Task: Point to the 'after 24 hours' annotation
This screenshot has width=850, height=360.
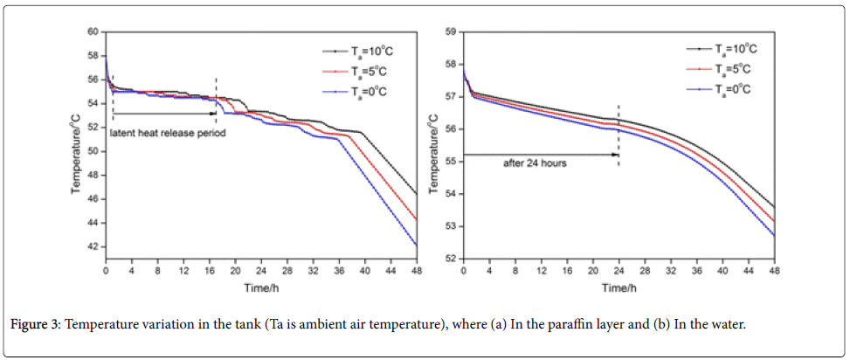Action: tap(535, 163)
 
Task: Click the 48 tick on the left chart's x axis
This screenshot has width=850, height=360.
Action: tap(417, 271)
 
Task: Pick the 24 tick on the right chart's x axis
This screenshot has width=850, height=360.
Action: tap(618, 271)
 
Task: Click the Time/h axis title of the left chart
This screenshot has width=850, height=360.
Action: tap(261, 287)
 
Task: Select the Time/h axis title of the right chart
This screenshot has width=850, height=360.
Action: tap(618, 287)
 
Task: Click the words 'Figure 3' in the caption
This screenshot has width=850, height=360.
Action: tap(34, 325)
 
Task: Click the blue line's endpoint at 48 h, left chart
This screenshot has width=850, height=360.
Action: tap(417, 246)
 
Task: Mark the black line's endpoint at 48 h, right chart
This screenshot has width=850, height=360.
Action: tap(774, 207)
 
